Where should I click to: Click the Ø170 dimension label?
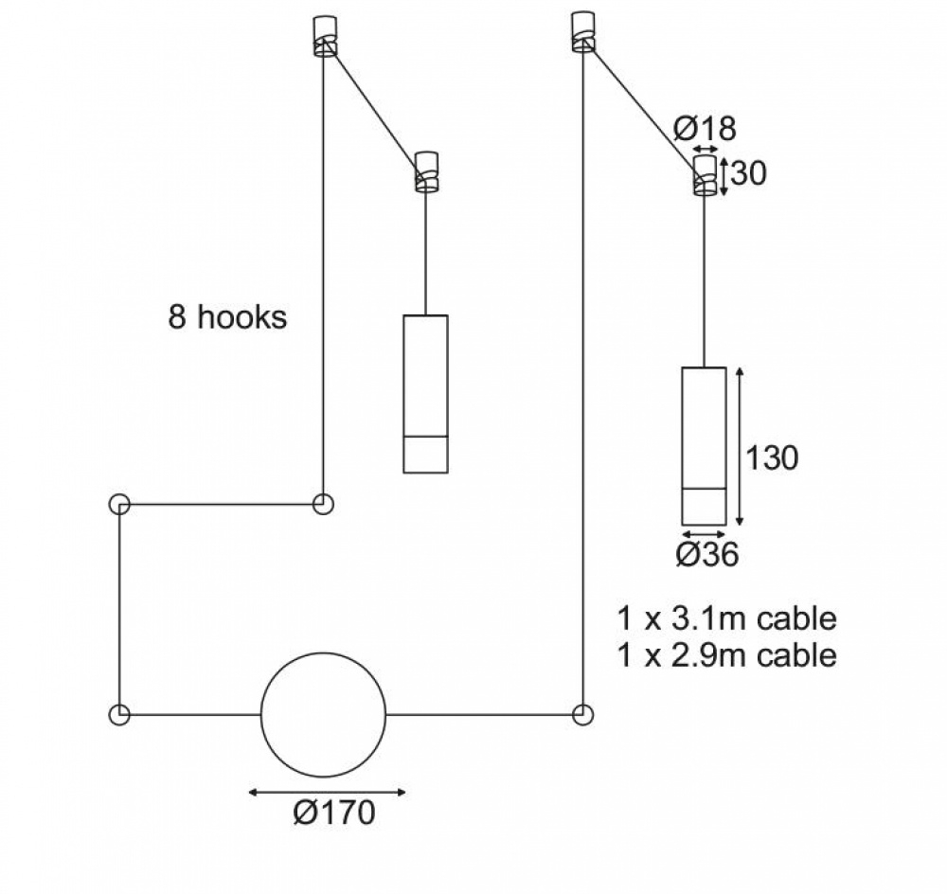pos(334,813)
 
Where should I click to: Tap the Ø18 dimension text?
pos(705,128)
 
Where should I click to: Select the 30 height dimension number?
pos(748,173)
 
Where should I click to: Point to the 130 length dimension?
pos(772,457)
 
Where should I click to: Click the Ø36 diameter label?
pos(707,554)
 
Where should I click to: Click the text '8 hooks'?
pos(227,317)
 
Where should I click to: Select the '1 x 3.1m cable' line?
pos(726,618)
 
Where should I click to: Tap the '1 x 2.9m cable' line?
pos(726,655)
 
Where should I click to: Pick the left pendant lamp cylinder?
pos(426,394)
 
